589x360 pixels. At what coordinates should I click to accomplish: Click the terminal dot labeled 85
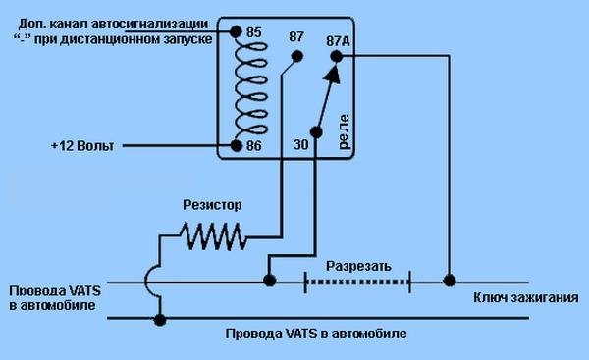coord(236,32)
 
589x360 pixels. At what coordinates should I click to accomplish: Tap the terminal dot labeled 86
coord(237,145)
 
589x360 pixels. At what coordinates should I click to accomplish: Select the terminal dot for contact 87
coord(297,56)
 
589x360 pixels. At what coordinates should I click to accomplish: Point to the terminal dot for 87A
coord(337,57)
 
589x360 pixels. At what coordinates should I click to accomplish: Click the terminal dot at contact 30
coord(316,132)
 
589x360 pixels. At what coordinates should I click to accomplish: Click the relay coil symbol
coord(251,89)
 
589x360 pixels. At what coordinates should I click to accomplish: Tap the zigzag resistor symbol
coord(213,235)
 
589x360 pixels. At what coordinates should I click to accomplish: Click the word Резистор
coord(212,205)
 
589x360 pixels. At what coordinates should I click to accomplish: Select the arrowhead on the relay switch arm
coord(333,74)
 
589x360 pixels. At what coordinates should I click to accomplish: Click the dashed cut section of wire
coord(357,282)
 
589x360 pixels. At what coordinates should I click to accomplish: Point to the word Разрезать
coord(358,266)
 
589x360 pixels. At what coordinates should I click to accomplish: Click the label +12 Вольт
coord(82,145)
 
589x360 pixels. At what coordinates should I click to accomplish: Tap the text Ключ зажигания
coord(525,297)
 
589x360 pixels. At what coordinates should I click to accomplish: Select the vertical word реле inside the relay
coord(344,131)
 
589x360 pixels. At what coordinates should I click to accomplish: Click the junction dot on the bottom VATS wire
coord(160,320)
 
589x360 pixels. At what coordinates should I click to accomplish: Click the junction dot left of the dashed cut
coord(269,280)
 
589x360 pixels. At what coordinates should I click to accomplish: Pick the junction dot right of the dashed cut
coord(450,281)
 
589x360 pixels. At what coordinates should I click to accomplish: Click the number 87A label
coord(338,41)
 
